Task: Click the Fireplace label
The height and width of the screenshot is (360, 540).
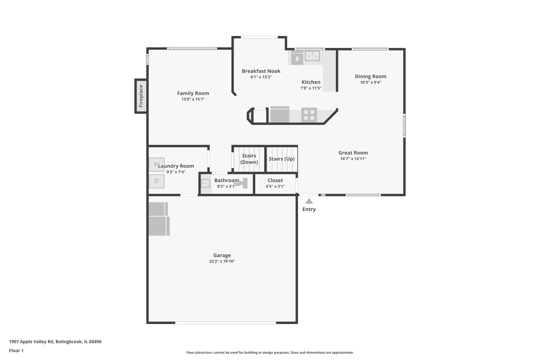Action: pos(141,96)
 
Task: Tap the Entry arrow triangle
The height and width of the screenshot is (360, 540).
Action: pos(309,201)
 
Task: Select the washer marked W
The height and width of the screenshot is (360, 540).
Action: pos(157,165)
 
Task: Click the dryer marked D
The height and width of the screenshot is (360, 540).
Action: pos(157,181)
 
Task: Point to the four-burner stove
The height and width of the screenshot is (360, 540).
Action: pos(309,115)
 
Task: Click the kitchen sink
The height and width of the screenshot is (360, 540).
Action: pos(312,56)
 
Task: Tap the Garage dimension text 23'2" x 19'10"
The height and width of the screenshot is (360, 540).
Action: pos(222,261)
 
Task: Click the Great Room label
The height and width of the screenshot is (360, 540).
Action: pos(353,153)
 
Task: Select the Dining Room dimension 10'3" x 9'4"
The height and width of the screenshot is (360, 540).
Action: pos(371,82)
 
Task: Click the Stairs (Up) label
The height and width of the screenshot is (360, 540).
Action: pos(282,159)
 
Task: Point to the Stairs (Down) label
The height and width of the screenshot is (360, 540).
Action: pos(249,159)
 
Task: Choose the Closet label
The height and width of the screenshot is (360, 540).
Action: pos(275,180)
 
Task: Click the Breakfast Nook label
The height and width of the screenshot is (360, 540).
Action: pos(261,71)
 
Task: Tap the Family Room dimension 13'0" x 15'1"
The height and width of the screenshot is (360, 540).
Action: pos(193,99)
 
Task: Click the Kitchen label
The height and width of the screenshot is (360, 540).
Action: pos(311,82)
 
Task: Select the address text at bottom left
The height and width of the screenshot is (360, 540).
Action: pos(55,342)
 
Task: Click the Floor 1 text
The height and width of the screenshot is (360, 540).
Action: pos(16,351)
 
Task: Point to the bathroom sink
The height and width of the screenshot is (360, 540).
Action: pos(206,184)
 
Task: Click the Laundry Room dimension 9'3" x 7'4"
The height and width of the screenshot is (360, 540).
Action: pos(176,172)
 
